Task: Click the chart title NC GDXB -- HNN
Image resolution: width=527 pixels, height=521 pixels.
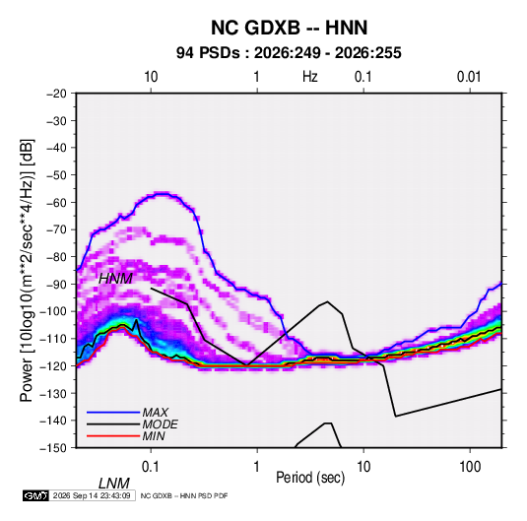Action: point(289,28)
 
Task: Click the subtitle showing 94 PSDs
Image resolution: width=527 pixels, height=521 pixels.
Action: point(289,53)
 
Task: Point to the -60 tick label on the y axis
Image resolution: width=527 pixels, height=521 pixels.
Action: point(57,202)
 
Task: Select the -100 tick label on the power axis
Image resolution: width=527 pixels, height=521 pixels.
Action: point(54,311)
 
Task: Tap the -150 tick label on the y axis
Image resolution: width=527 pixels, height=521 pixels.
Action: point(54,448)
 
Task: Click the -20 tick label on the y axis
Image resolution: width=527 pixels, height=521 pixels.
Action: point(57,94)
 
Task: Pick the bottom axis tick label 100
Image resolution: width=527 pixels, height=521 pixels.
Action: point(470,467)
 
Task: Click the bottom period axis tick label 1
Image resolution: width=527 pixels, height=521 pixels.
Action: point(257,467)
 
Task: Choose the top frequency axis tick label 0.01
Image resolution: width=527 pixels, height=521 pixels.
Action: point(469,77)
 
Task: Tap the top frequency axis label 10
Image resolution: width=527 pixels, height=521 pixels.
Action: point(151,77)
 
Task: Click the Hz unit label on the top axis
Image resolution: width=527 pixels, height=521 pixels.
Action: point(310,77)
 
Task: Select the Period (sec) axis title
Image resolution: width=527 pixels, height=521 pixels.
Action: point(310,478)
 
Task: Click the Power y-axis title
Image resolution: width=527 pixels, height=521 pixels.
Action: point(27,271)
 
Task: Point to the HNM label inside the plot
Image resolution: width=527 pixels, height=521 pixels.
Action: point(115,279)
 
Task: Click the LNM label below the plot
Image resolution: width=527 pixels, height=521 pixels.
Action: point(114,484)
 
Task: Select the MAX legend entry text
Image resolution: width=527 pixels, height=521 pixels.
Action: point(155,413)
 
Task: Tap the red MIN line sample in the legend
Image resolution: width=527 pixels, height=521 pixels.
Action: point(113,436)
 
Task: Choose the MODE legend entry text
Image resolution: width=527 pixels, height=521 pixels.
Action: point(160,424)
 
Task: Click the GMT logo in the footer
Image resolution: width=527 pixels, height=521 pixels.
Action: point(36,495)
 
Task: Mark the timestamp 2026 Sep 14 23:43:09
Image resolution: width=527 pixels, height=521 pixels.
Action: point(92,495)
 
